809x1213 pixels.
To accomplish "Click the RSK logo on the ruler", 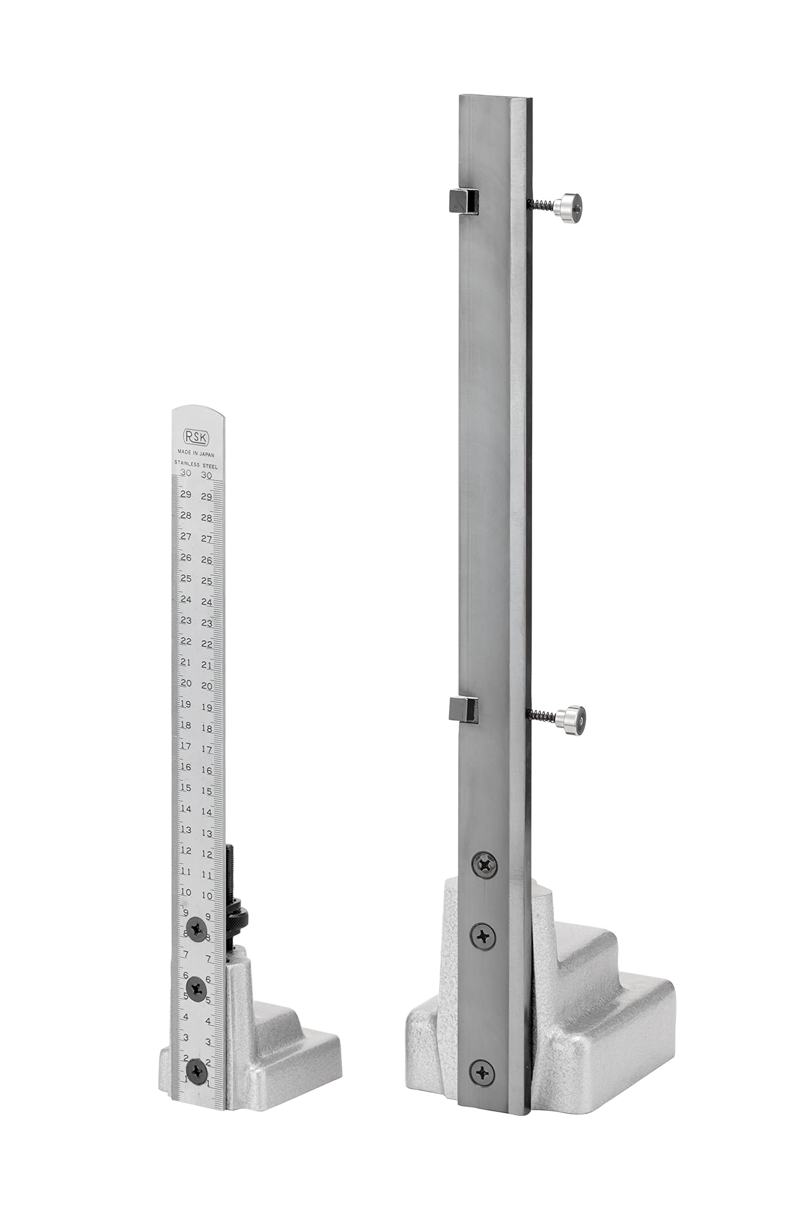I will [196, 437].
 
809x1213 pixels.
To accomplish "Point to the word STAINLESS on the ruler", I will [187, 465].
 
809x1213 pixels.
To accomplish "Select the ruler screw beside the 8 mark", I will [197, 930].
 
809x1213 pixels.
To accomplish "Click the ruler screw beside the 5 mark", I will [197, 988].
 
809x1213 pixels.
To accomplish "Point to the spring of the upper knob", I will [540, 205].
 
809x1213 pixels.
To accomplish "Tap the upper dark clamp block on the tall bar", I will [462, 202].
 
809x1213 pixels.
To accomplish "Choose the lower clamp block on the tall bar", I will [464, 709].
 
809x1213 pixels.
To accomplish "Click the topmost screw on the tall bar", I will [484, 863].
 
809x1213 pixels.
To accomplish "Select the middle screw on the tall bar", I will [482, 934].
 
